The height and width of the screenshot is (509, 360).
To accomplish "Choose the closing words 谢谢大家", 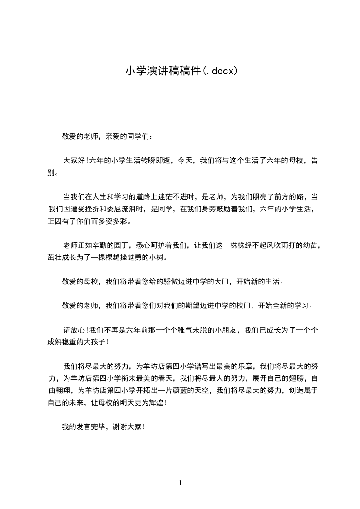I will (x=127, y=427).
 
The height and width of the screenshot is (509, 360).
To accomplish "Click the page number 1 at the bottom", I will (x=180, y=484).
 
